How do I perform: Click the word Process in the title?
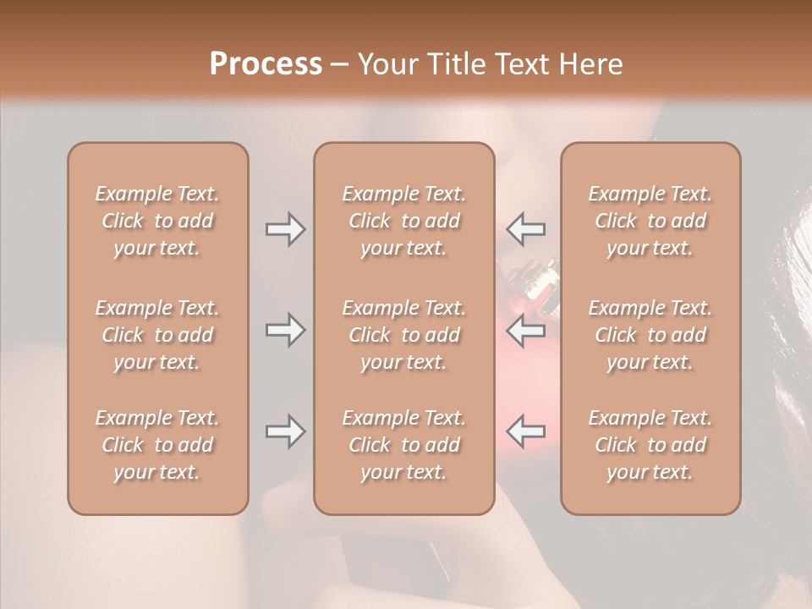pos(266,64)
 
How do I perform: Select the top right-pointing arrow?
pos(285,229)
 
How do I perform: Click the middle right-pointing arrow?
pos(285,330)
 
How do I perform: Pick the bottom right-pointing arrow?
pos(285,431)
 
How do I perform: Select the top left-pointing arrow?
pos(525,229)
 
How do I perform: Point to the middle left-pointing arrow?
pos(525,330)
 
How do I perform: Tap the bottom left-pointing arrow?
pos(525,431)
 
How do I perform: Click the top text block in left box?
pos(157,221)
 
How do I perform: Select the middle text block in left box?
pos(157,335)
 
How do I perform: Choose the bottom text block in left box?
pos(157,445)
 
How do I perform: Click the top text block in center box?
pos(404,221)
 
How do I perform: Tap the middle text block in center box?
pos(404,335)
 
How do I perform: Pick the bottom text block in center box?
pos(404,445)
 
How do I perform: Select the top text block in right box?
pos(650,221)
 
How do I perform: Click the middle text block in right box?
pos(650,335)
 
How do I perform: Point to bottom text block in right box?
pos(650,445)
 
